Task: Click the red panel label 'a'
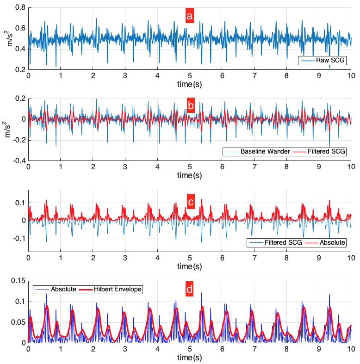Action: coord(189,17)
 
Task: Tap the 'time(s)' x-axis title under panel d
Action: coord(189,358)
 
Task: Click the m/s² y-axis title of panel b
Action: coord(6,130)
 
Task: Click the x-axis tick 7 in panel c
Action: coord(254,258)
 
